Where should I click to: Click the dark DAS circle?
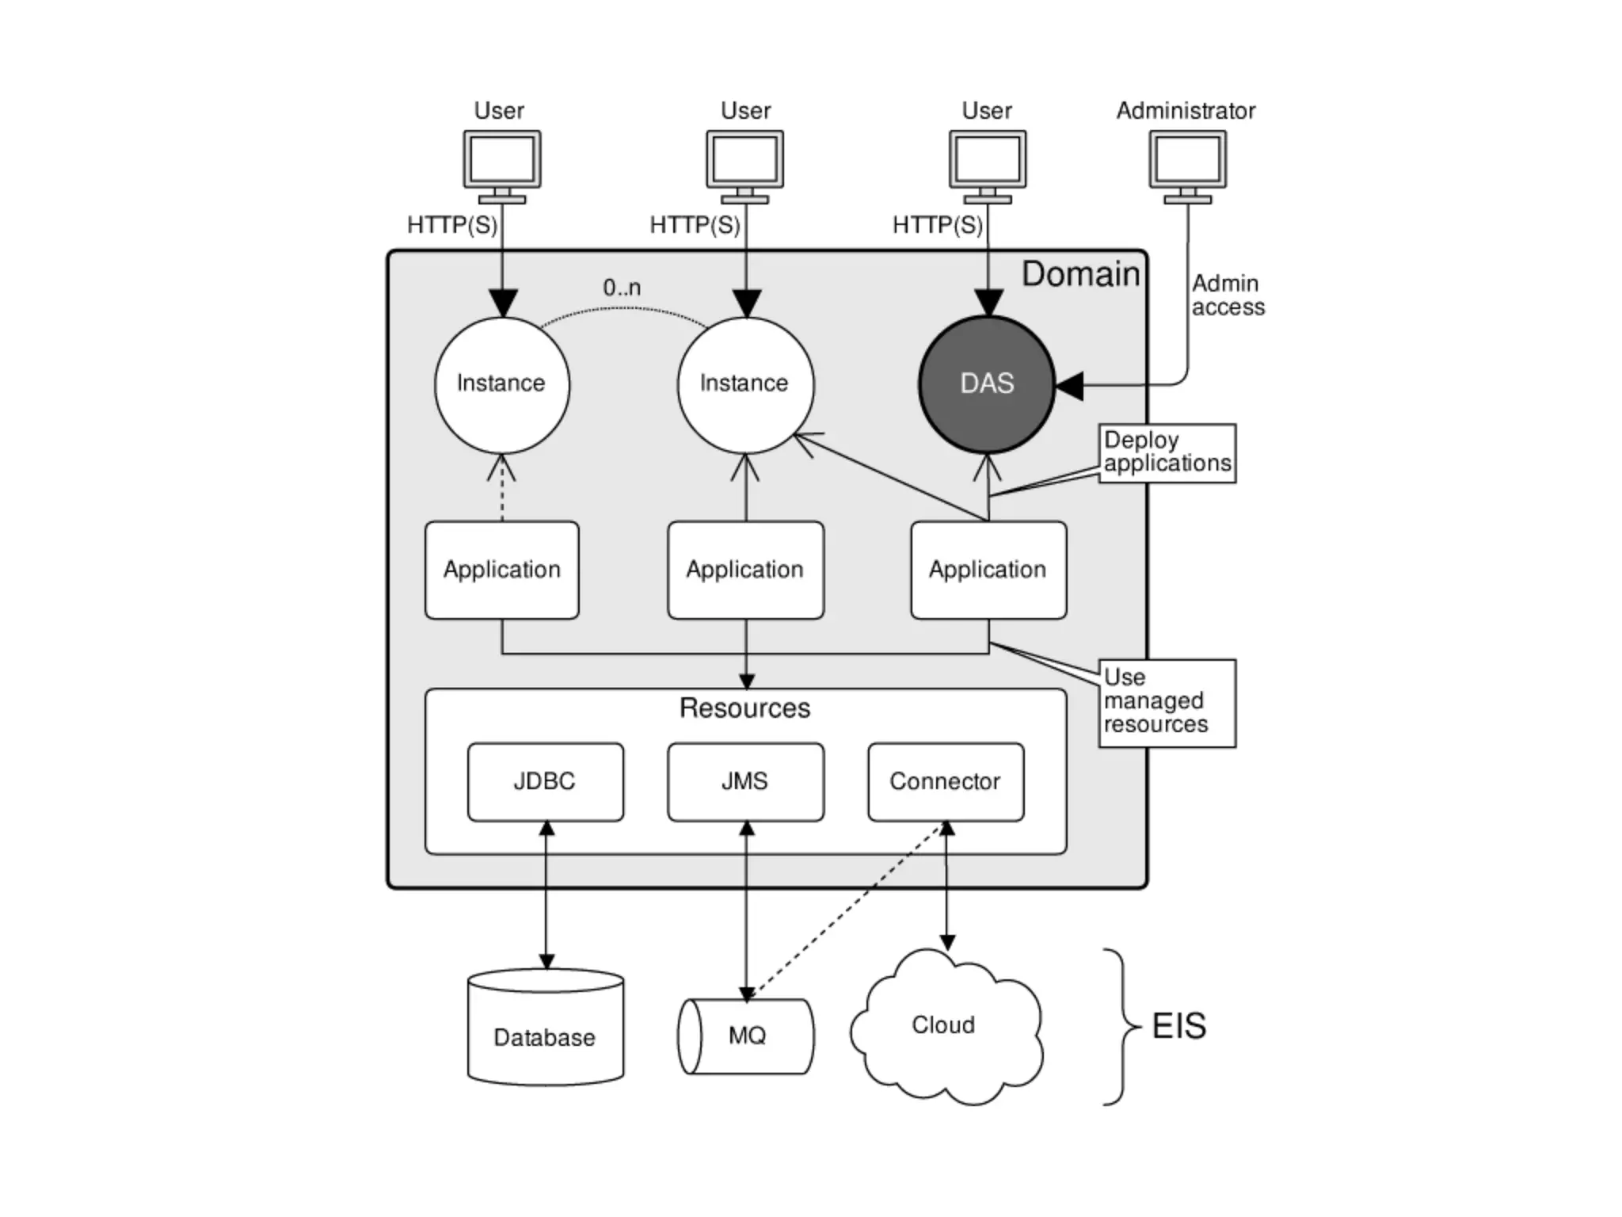[x=987, y=384]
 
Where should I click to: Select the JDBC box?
[x=545, y=781]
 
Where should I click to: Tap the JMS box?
[x=745, y=781]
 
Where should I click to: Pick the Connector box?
[x=946, y=781]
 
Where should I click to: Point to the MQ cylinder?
[x=746, y=1036]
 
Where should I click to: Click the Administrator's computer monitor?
[x=1187, y=161]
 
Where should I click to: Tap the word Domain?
[x=1080, y=274]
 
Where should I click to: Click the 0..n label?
[x=622, y=288]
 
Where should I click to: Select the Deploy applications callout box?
[x=1167, y=452]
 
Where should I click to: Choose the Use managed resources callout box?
[x=1167, y=702]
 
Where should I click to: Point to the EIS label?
[x=1178, y=1026]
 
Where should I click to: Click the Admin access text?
[x=1228, y=296]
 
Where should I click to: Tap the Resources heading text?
[x=745, y=708]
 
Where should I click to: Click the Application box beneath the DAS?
[x=988, y=570]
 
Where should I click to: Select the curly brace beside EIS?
[x=1121, y=1026]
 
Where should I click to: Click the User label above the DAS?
[x=986, y=111]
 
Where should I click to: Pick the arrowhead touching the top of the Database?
[x=546, y=962]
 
